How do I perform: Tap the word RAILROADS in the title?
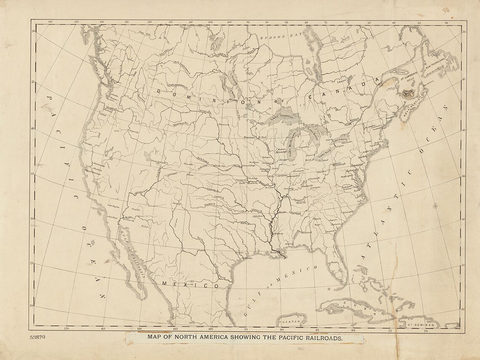323,337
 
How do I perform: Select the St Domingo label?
414,325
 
